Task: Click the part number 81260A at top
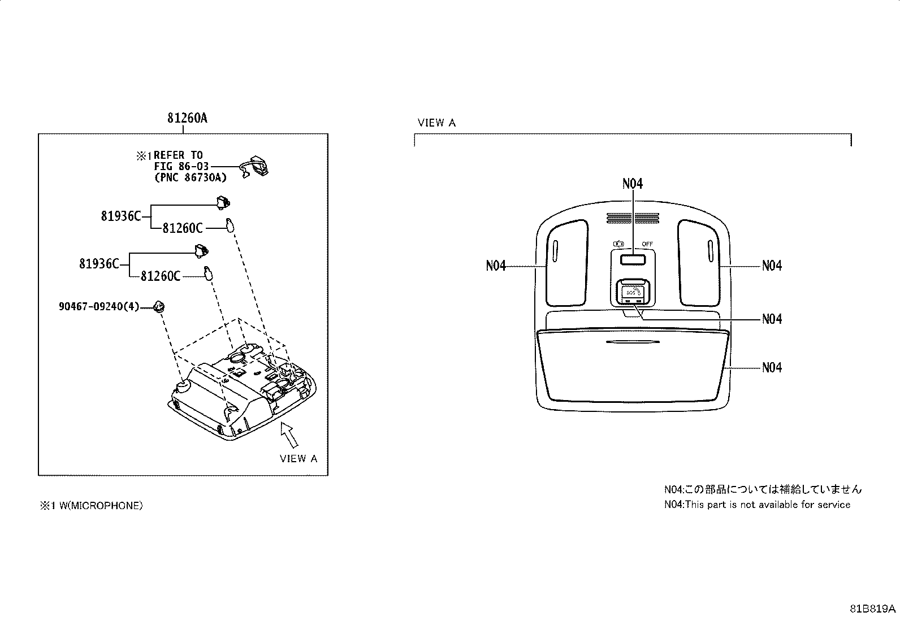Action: tap(187, 118)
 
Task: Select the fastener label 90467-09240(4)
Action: tap(99, 306)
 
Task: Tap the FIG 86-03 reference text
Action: tap(181, 166)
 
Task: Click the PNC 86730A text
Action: tap(191, 177)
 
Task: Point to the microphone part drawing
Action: tap(254, 166)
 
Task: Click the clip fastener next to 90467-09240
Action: tap(159, 307)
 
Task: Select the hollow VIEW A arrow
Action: tap(289, 434)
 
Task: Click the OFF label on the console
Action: tap(647, 244)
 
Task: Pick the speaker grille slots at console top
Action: tap(633, 218)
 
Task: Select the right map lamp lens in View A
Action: tap(699, 263)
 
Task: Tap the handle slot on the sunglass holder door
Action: tap(633, 342)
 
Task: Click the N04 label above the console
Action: tap(633, 184)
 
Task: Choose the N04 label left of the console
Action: tap(496, 266)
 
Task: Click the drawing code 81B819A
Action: tap(873, 609)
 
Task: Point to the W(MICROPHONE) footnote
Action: tap(91, 506)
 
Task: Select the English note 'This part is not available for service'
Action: tap(768, 505)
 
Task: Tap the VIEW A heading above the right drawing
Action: tap(437, 123)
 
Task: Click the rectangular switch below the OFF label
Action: tap(633, 260)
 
